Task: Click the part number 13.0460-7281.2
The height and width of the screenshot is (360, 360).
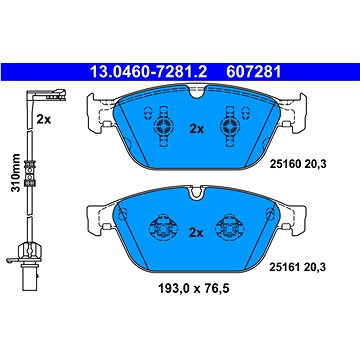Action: pyautogui.click(x=149, y=72)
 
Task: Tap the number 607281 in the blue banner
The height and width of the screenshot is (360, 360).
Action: pyautogui.click(x=254, y=72)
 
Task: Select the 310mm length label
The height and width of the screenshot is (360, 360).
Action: pyautogui.click(x=15, y=172)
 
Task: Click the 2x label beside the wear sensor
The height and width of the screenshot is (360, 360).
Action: pyautogui.click(x=44, y=119)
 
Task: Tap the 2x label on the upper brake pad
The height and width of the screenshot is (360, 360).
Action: pyautogui.click(x=196, y=129)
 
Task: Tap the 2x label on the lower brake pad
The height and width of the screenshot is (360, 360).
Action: pyautogui.click(x=196, y=233)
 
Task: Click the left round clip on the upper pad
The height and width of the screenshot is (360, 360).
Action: pyautogui.click(x=163, y=126)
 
